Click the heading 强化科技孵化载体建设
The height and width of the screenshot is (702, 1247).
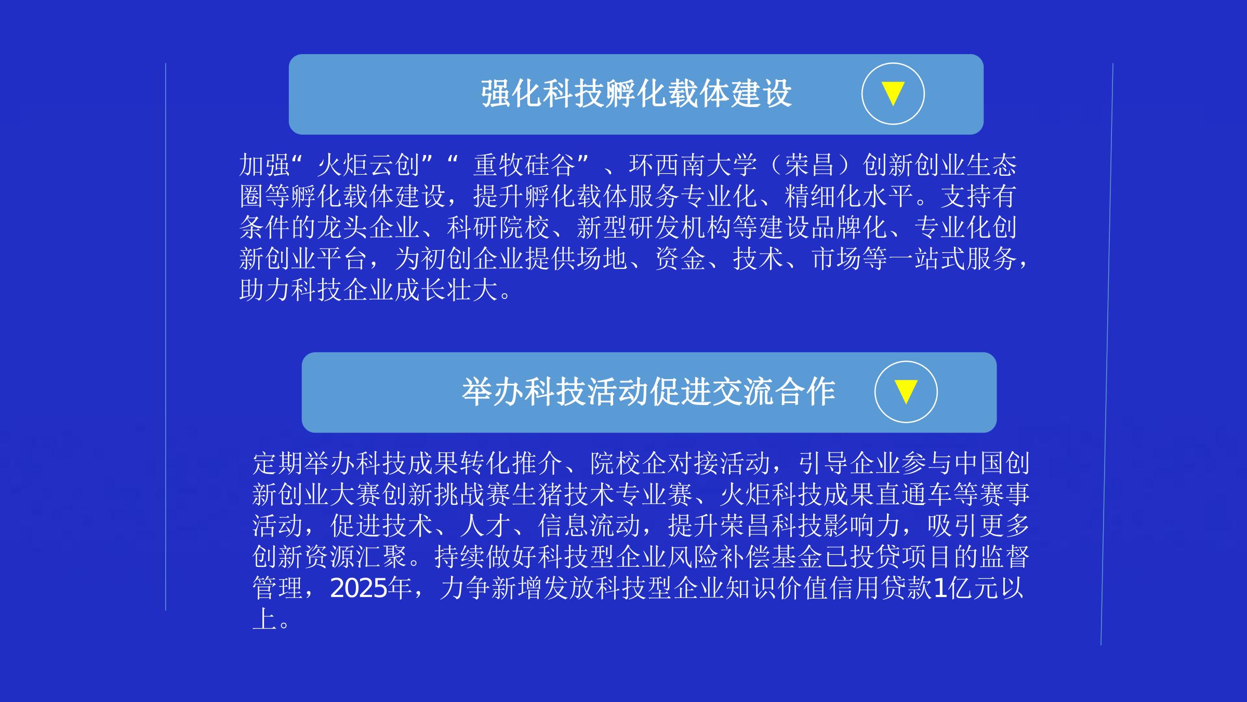[636, 94]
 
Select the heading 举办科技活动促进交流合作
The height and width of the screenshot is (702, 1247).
[648, 392]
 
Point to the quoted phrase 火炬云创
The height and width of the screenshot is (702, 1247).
[369, 165]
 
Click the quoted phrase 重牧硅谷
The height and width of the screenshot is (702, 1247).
[525, 165]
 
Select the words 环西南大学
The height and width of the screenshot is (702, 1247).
[693, 165]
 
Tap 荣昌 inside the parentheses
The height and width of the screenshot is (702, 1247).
[810, 165]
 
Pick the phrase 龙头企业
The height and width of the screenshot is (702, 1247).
[369, 228]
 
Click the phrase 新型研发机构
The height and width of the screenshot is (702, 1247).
[654, 228]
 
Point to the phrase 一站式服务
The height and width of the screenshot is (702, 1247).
[953, 259]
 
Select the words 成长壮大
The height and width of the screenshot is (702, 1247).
[447, 290]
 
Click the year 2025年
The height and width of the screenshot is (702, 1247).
[371, 589]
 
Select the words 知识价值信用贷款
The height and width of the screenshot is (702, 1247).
[829, 589]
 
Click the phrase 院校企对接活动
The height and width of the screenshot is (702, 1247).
[681, 463]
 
